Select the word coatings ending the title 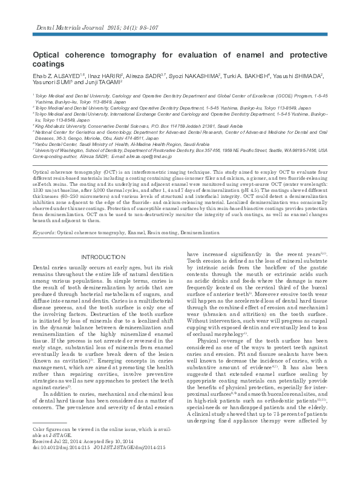click(x=48, y=64)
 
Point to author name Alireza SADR click(x=145, y=76)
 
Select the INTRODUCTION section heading click(x=106, y=257)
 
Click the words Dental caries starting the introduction click(x=48, y=267)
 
